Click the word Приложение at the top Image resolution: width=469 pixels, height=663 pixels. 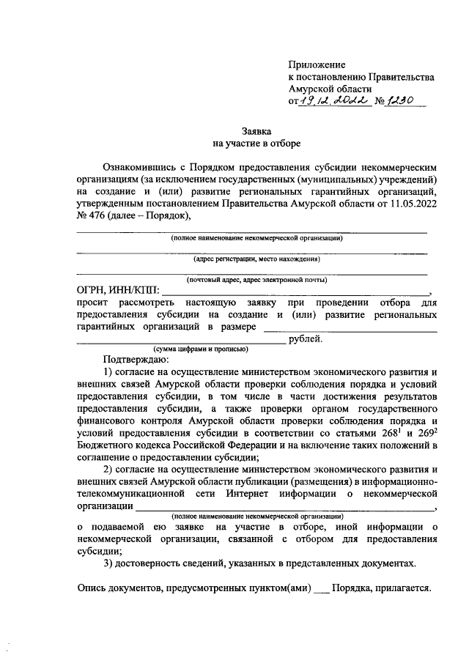317,65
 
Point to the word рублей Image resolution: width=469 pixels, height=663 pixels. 306,339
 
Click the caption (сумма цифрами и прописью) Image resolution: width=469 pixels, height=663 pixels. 200,349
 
